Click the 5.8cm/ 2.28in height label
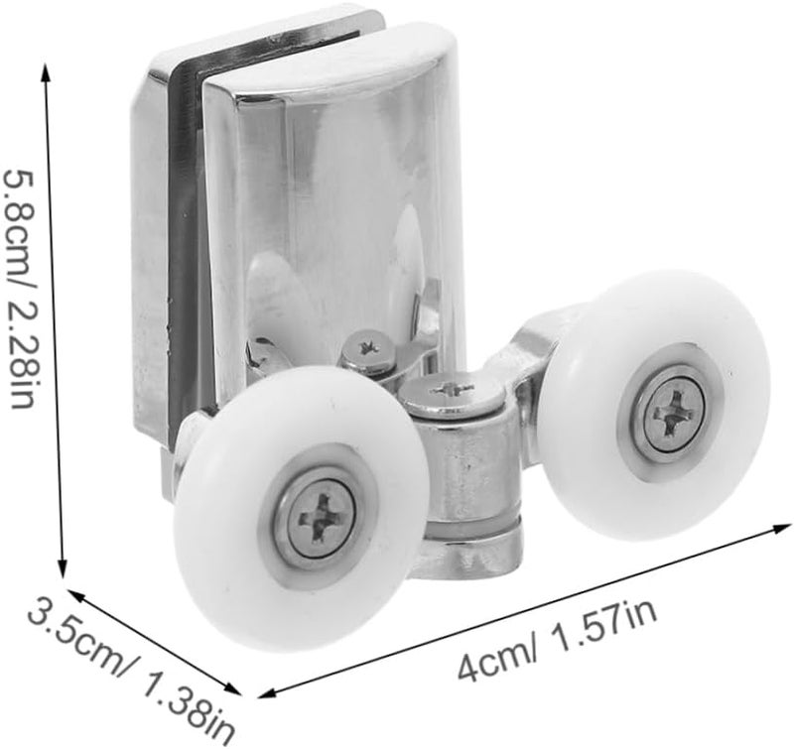click(x=19, y=290)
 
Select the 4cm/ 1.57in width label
click(x=558, y=641)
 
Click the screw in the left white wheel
click(x=320, y=519)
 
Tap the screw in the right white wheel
click(x=678, y=414)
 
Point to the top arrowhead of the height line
click(x=45, y=70)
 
